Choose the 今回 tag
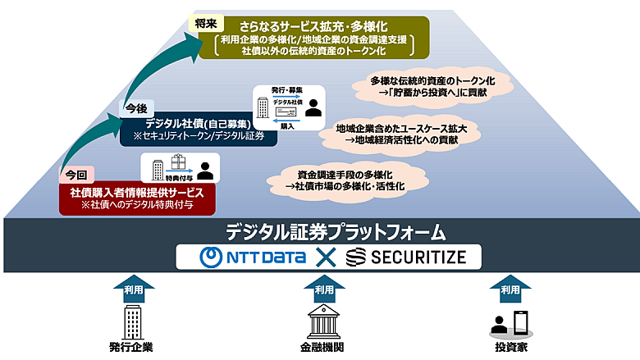point(75,174)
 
